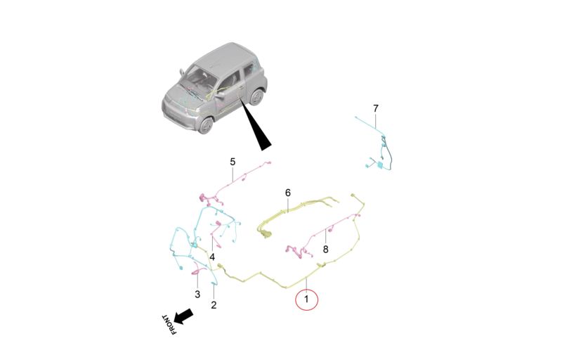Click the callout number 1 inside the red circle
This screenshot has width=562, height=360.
(306, 299)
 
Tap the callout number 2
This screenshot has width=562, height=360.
(214, 305)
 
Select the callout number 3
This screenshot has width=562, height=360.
(197, 295)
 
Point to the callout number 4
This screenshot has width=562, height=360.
(212, 257)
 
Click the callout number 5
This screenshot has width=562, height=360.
(233, 162)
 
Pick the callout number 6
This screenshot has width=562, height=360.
(288, 193)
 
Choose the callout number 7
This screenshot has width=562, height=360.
(375, 108)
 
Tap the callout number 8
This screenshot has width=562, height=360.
(325, 249)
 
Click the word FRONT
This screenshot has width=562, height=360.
(169, 325)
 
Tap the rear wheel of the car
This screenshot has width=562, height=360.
(256, 97)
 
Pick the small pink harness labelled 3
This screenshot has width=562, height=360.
(198, 269)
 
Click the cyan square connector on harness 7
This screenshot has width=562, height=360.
(379, 165)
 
